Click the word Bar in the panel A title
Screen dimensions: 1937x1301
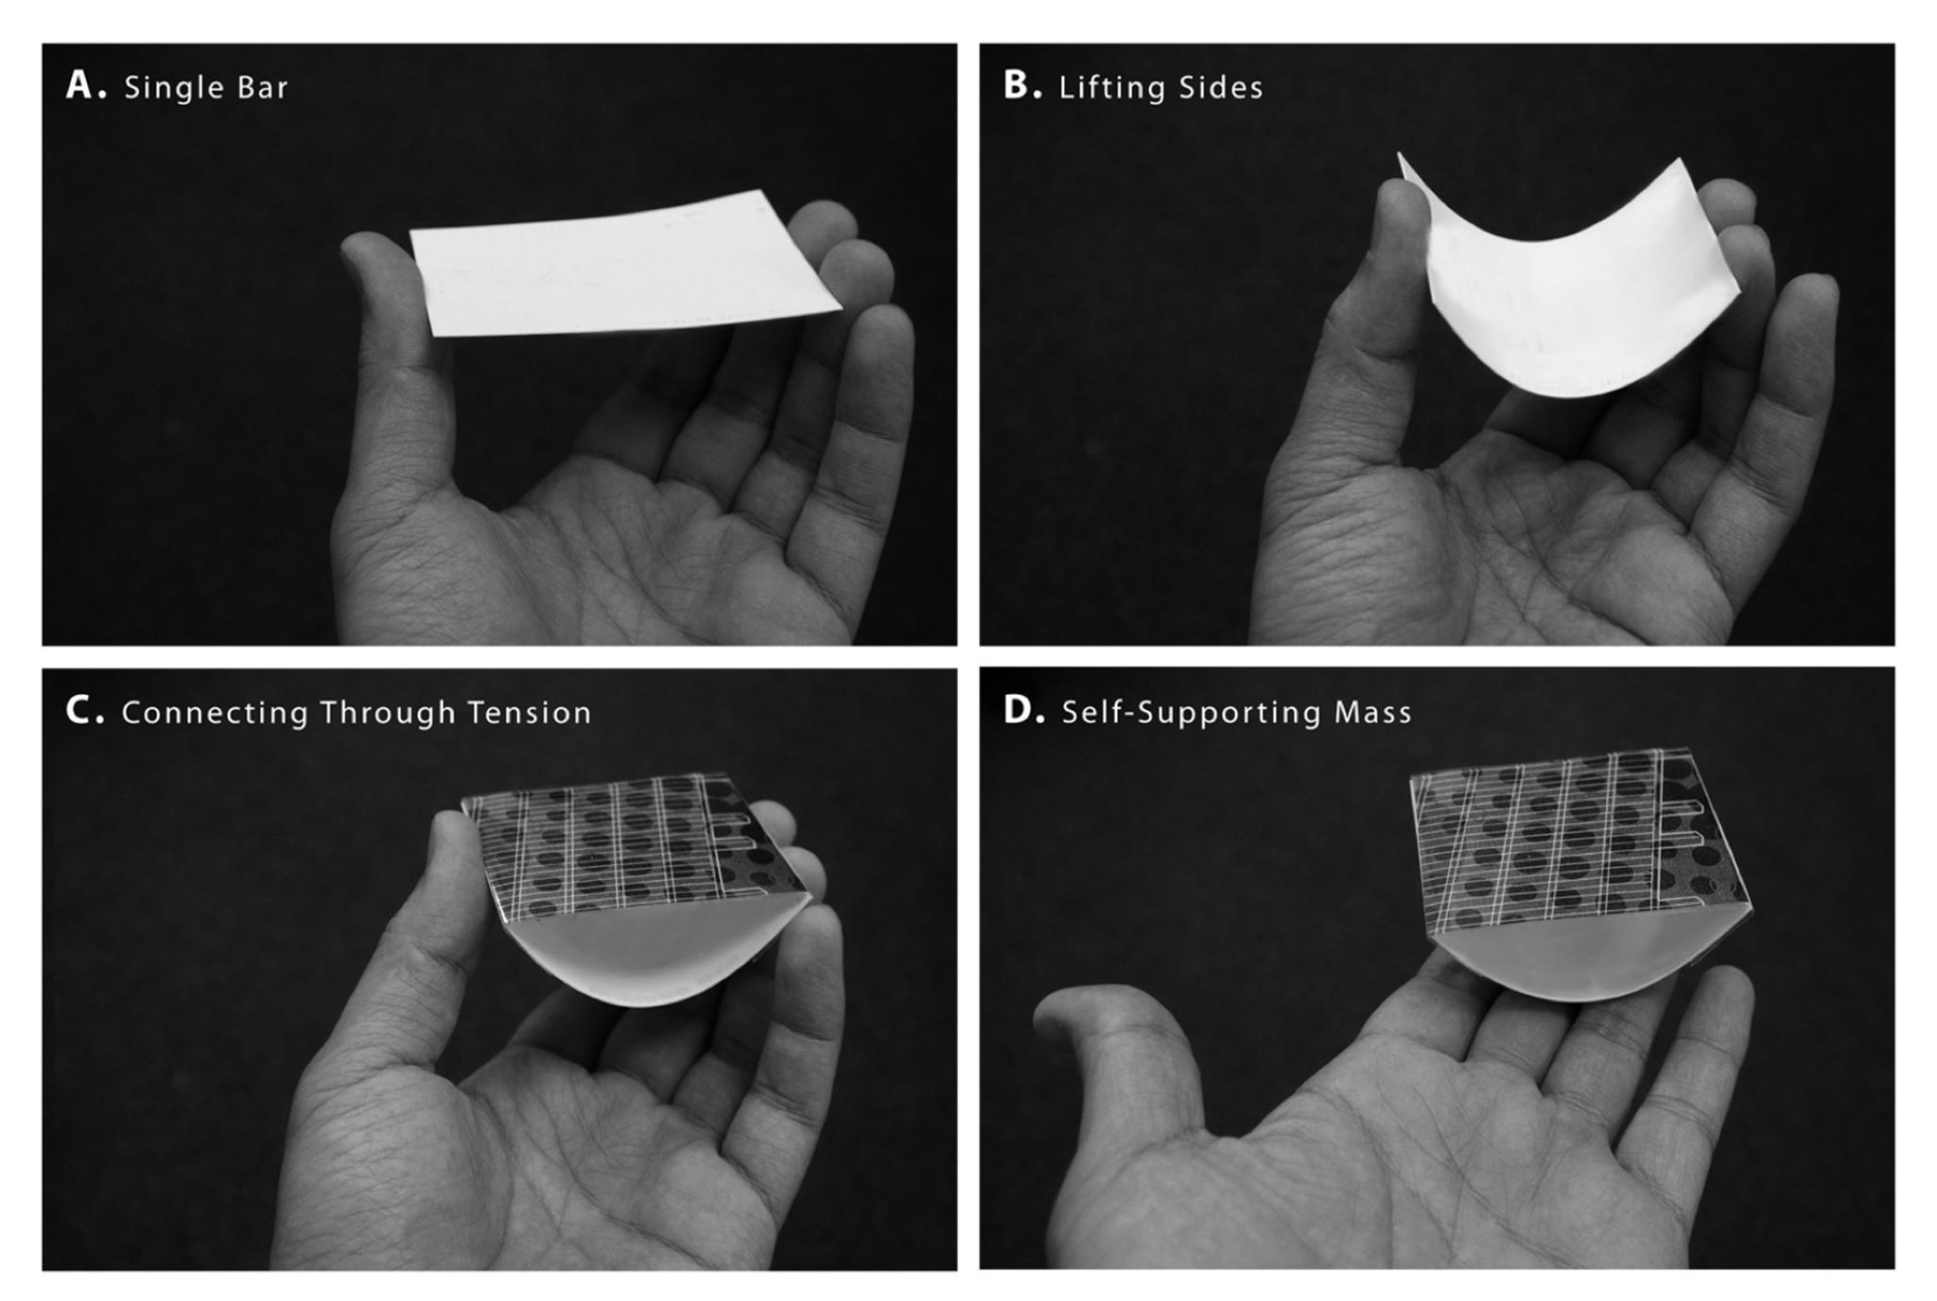point(262,87)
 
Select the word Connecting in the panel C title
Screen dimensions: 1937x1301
point(215,713)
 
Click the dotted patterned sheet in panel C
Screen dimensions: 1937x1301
point(634,846)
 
